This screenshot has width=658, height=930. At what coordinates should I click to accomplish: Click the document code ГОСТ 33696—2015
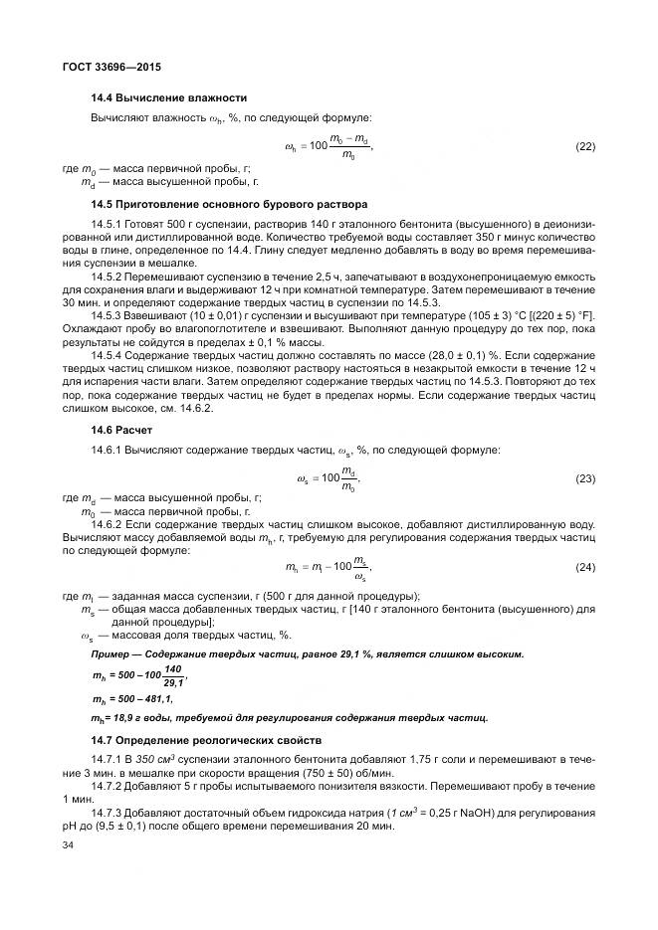pyautogui.click(x=111, y=67)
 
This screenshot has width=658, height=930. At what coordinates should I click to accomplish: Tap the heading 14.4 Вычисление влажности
pyautogui.click(x=168, y=97)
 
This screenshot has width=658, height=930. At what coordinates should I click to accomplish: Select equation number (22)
pyautogui.click(x=584, y=147)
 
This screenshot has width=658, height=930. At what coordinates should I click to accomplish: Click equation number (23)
pyautogui.click(x=584, y=479)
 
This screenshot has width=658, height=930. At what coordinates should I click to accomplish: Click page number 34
pyautogui.click(x=69, y=845)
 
